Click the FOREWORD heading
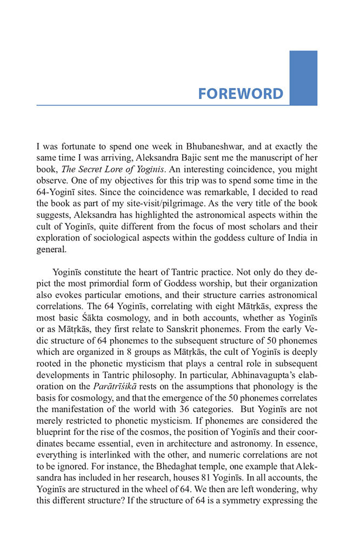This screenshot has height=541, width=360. (x=240, y=94)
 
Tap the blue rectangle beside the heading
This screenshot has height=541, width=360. (x=303, y=77)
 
